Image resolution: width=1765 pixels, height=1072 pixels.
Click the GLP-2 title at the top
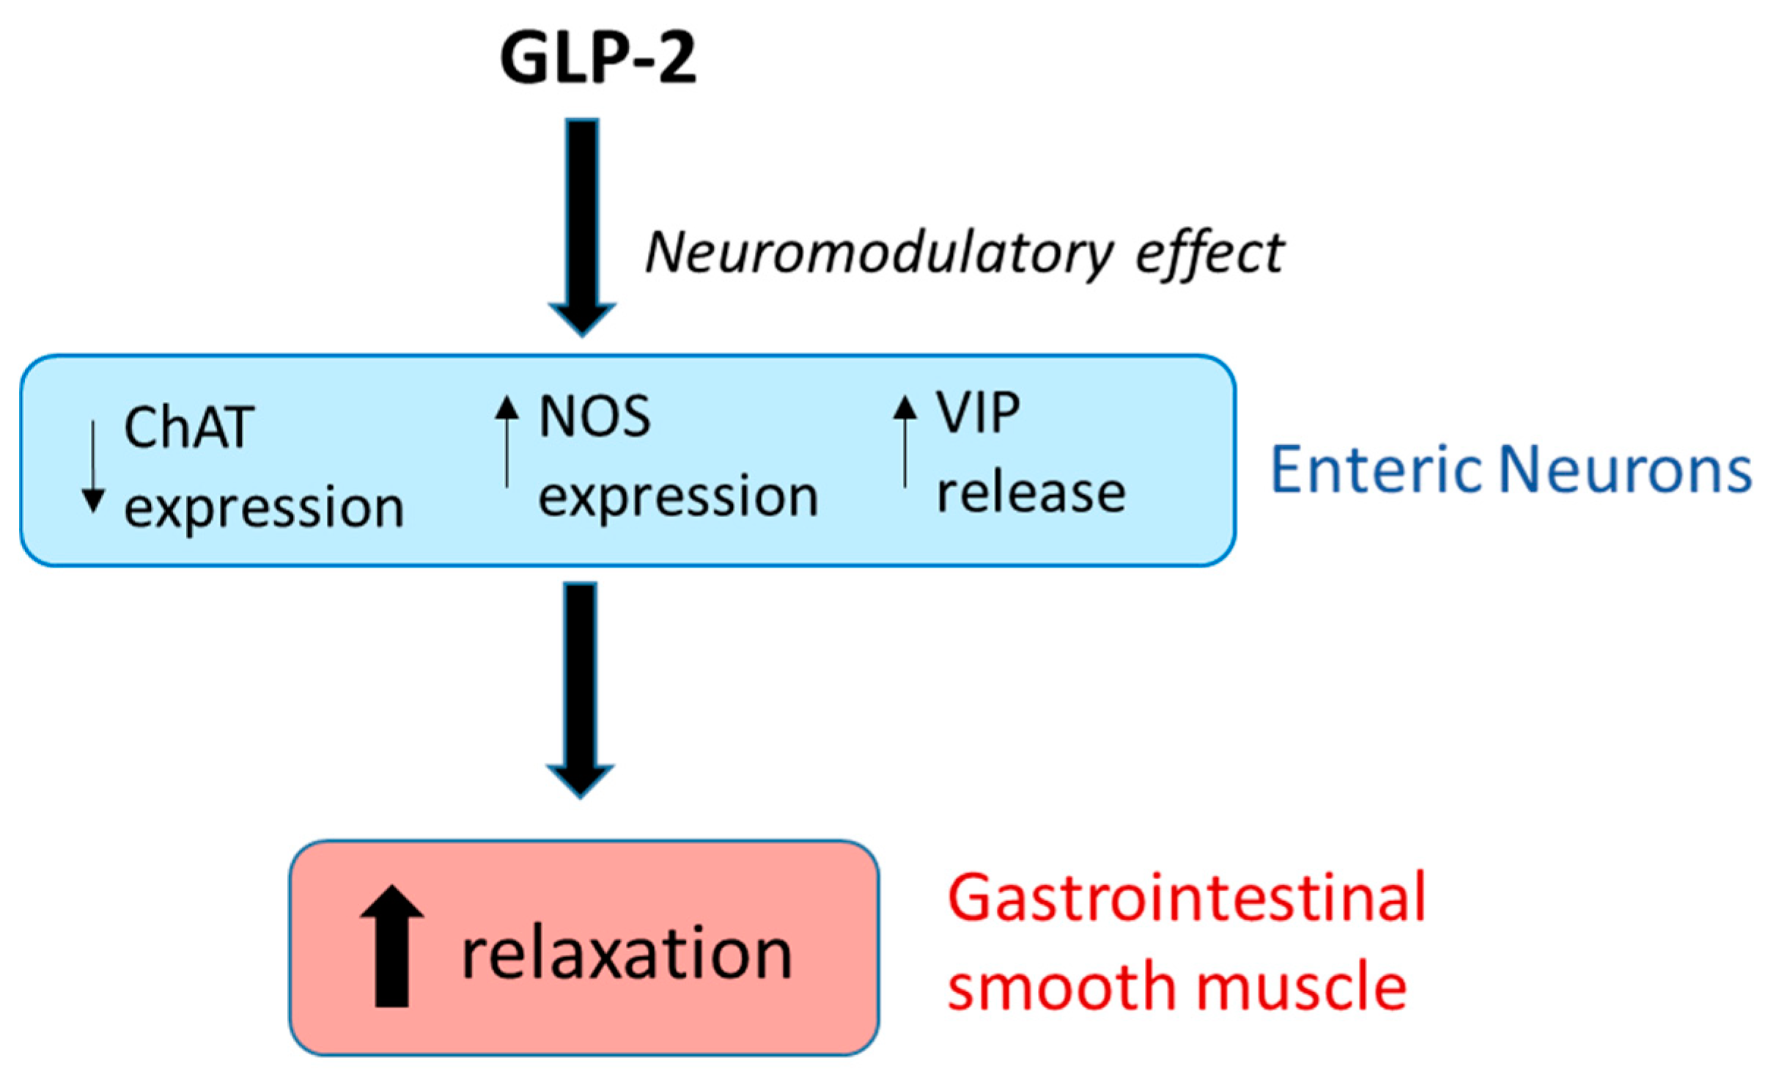click(597, 59)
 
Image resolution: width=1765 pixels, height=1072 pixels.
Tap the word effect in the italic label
click(1209, 254)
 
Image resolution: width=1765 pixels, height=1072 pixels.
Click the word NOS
click(594, 417)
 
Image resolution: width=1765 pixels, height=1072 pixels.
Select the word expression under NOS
click(678, 496)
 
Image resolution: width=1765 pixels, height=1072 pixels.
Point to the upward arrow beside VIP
click(905, 440)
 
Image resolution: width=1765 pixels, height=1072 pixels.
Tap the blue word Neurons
click(1626, 469)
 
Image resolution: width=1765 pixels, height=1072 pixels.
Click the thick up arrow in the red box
click(392, 946)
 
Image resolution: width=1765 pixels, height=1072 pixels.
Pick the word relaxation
click(627, 954)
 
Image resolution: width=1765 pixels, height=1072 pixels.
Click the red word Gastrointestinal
click(1187, 897)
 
